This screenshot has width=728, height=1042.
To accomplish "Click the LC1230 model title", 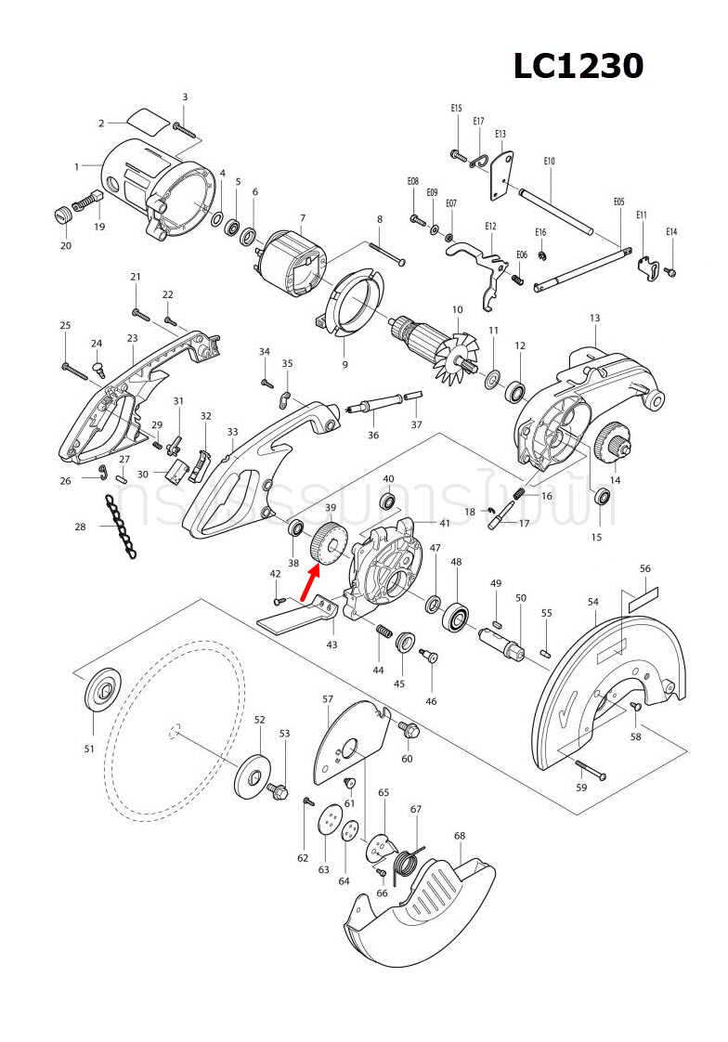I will click(x=578, y=66).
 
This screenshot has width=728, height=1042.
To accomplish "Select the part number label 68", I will click(x=459, y=836).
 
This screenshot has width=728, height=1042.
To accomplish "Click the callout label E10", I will click(x=549, y=162).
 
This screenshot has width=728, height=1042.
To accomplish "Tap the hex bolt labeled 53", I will click(x=278, y=790).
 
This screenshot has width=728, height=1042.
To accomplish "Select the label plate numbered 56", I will click(x=643, y=597).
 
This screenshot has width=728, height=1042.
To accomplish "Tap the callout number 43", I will click(x=331, y=645).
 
